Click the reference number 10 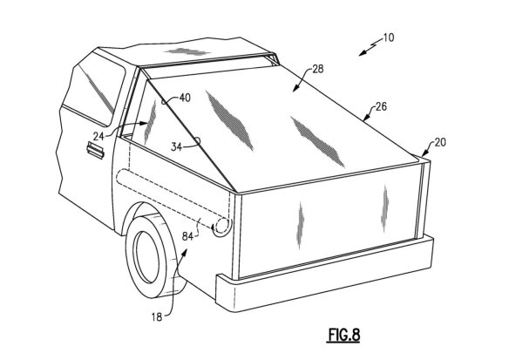pos(387,38)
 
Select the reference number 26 pos(380,108)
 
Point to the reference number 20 pos(439,143)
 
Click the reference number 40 pos(184,98)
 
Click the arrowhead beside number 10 pos(361,53)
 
